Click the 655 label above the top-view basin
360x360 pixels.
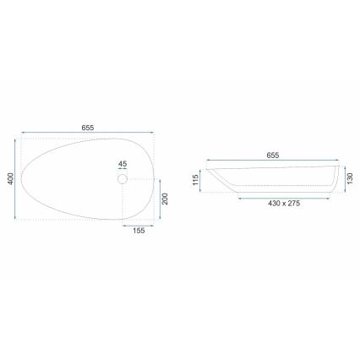pyautogui.click(x=87, y=128)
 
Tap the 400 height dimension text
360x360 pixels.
pyautogui.click(x=10, y=180)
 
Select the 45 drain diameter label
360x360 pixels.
pyautogui.click(x=122, y=164)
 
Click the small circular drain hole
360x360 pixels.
pyautogui.click(x=122, y=178)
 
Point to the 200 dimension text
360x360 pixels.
pyautogui.click(x=166, y=199)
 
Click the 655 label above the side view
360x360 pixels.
pyautogui.click(x=272, y=155)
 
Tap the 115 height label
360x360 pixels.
pyautogui.click(x=194, y=179)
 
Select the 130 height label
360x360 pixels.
pyautogui.click(x=350, y=179)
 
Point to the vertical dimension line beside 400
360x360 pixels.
pyautogui.click(x=18, y=179)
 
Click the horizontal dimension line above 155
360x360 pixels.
pyautogui.click(x=137, y=224)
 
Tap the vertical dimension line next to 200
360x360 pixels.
pyautogui.click(x=158, y=199)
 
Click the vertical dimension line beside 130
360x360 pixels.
pyautogui.click(x=342, y=179)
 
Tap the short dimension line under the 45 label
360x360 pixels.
pyautogui.click(x=122, y=171)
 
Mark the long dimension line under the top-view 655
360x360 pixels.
pyautogui.click(x=87, y=134)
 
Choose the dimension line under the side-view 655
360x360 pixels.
pyautogui.click(x=272, y=161)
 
